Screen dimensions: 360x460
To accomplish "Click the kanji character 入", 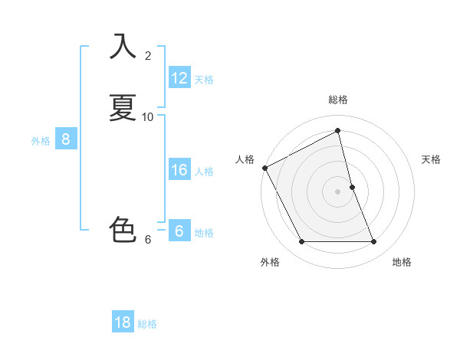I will click(x=123, y=46).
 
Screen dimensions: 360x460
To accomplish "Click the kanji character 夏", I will click(x=123, y=107).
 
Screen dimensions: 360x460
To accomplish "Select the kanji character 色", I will click(x=123, y=230).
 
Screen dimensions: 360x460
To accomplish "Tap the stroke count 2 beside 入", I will click(x=148, y=55).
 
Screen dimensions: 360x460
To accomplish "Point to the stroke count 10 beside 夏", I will click(x=148, y=116).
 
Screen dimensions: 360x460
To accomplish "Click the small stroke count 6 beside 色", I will click(x=148, y=239).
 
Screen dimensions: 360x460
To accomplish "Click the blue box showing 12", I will click(x=179, y=78).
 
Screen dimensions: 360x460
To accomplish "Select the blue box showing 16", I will click(x=179, y=170).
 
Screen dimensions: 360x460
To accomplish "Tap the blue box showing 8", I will click(x=66, y=139).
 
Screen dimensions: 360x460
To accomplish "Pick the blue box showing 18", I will click(x=123, y=322).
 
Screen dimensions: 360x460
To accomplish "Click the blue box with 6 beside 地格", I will click(x=179, y=231).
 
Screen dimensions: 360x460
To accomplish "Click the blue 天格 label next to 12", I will click(x=204, y=79).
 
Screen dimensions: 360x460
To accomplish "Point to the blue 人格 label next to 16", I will click(x=204, y=171).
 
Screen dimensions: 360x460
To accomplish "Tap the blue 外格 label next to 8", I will click(x=41, y=140).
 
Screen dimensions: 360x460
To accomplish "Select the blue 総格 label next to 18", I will click(x=147, y=323).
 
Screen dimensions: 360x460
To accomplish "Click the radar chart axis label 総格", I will click(x=338, y=100).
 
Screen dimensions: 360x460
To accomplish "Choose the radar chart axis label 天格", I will click(x=431, y=159).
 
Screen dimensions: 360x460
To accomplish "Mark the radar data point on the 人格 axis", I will click(x=264, y=168).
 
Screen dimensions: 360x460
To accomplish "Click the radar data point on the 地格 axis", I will click(x=374, y=242).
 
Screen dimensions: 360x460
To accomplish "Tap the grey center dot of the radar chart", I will click(x=338, y=191).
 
